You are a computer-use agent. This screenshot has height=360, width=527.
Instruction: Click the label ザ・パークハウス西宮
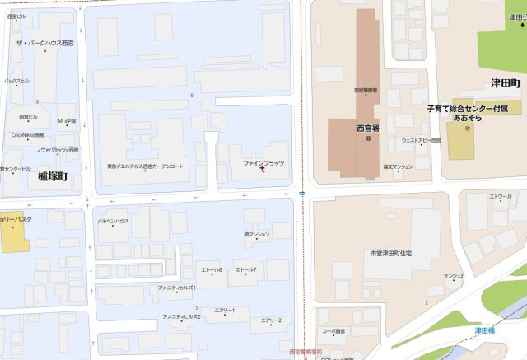pos(45,42)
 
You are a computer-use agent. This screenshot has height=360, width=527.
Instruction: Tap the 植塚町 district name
pos(52,175)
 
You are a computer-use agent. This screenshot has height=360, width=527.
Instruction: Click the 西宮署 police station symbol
pos(369,138)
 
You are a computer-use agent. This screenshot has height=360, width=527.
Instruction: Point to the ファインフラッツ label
pos(263,163)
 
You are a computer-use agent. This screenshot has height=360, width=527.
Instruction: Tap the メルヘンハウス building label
pos(113,222)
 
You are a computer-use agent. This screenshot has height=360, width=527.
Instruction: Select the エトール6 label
pos(212,270)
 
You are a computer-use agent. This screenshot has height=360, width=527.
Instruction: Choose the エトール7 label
pos(245,270)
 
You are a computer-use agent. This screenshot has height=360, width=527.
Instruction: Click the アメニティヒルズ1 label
pos(176,288)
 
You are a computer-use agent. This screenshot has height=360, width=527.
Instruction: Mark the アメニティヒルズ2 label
pos(181,316)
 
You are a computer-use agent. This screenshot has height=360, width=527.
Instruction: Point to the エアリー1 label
pos(225,311)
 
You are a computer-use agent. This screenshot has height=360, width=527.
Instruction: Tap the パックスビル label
pos(16,81)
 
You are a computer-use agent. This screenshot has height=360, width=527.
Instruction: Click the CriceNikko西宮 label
pos(27,134)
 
